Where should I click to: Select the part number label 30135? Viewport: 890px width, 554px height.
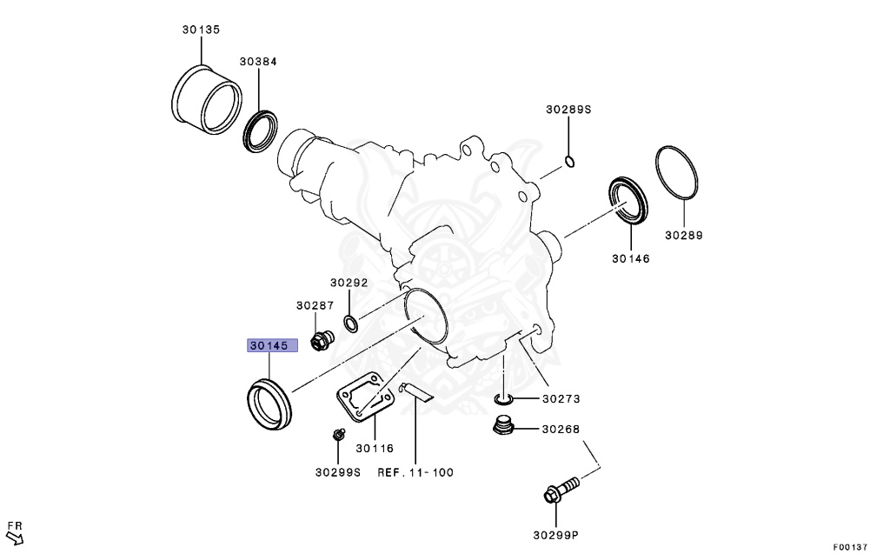click(x=201, y=30)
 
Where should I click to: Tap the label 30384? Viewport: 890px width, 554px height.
click(x=259, y=62)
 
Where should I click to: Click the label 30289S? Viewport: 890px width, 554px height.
click(x=568, y=110)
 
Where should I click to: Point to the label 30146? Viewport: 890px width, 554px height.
click(x=630, y=258)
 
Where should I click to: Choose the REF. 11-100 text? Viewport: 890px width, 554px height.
click(x=415, y=473)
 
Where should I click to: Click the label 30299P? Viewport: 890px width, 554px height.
click(x=556, y=535)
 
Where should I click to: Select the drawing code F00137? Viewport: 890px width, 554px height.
click(x=849, y=547)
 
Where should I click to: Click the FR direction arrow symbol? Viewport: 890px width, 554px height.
click(x=15, y=532)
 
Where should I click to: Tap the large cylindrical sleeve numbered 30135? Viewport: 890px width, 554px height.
click(x=208, y=97)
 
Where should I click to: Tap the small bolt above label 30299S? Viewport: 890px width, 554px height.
click(x=337, y=434)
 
